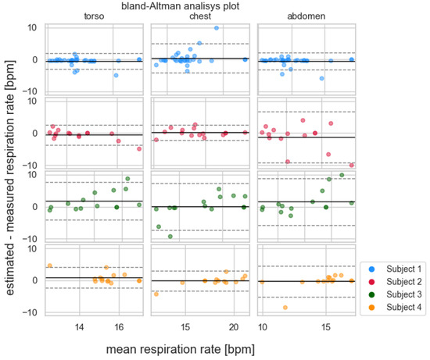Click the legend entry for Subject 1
point(395,269)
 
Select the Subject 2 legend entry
point(395,282)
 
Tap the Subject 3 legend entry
point(395,294)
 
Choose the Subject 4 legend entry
point(395,307)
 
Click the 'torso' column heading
point(94,16)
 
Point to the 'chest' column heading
point(200,16)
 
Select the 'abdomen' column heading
point(306,16)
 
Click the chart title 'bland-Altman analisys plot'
point(181,6)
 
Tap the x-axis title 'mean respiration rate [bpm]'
point(181,349)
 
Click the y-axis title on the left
point(10,178)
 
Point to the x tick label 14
point(79,327)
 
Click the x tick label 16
point(119,327)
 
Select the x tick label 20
point(234,327)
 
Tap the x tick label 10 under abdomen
point(263,327)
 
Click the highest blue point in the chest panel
point(217,28)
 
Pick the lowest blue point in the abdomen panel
point(321,78)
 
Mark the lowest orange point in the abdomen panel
point(285,308)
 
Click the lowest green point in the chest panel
point(170,237)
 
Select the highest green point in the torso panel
point(127,179)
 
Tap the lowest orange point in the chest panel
point(156,294)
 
